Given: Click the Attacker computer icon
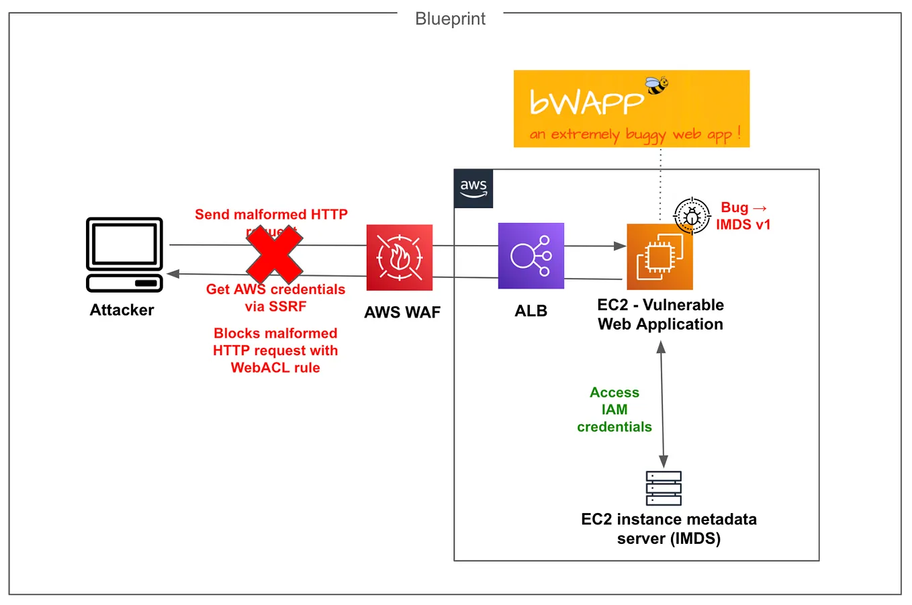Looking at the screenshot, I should [x=124, y=254].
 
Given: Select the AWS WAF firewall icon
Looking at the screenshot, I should [x=399, y=257].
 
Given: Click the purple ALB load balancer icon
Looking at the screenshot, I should [x=531, y=256].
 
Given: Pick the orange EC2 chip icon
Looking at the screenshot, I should [x=659, y=257].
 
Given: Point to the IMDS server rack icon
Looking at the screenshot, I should [x=664, y=488].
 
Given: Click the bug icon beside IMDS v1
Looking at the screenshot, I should [x=692, y=216].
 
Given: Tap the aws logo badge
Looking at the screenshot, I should [x=473, y=189].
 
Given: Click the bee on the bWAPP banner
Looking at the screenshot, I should [x=657, y=85].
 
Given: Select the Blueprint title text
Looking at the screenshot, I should [x=450, y=19].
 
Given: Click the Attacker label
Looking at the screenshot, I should [x=122, y=310].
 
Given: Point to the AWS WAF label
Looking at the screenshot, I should [x=402, y=312].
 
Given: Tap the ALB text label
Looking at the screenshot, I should [x=531, y=311].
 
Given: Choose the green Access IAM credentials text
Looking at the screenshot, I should [x=614, y=410].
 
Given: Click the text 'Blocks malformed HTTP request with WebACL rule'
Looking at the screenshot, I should [x=275, y=351].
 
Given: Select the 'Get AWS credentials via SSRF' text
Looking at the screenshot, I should [x=275, y=298].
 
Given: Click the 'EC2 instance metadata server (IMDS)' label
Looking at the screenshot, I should [x=669, y=528].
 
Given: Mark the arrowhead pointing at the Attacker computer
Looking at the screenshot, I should [x=173, y=273].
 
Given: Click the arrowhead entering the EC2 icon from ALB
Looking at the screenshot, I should [x=620, y=246].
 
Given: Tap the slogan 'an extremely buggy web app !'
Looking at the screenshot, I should [x=635, y=134].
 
